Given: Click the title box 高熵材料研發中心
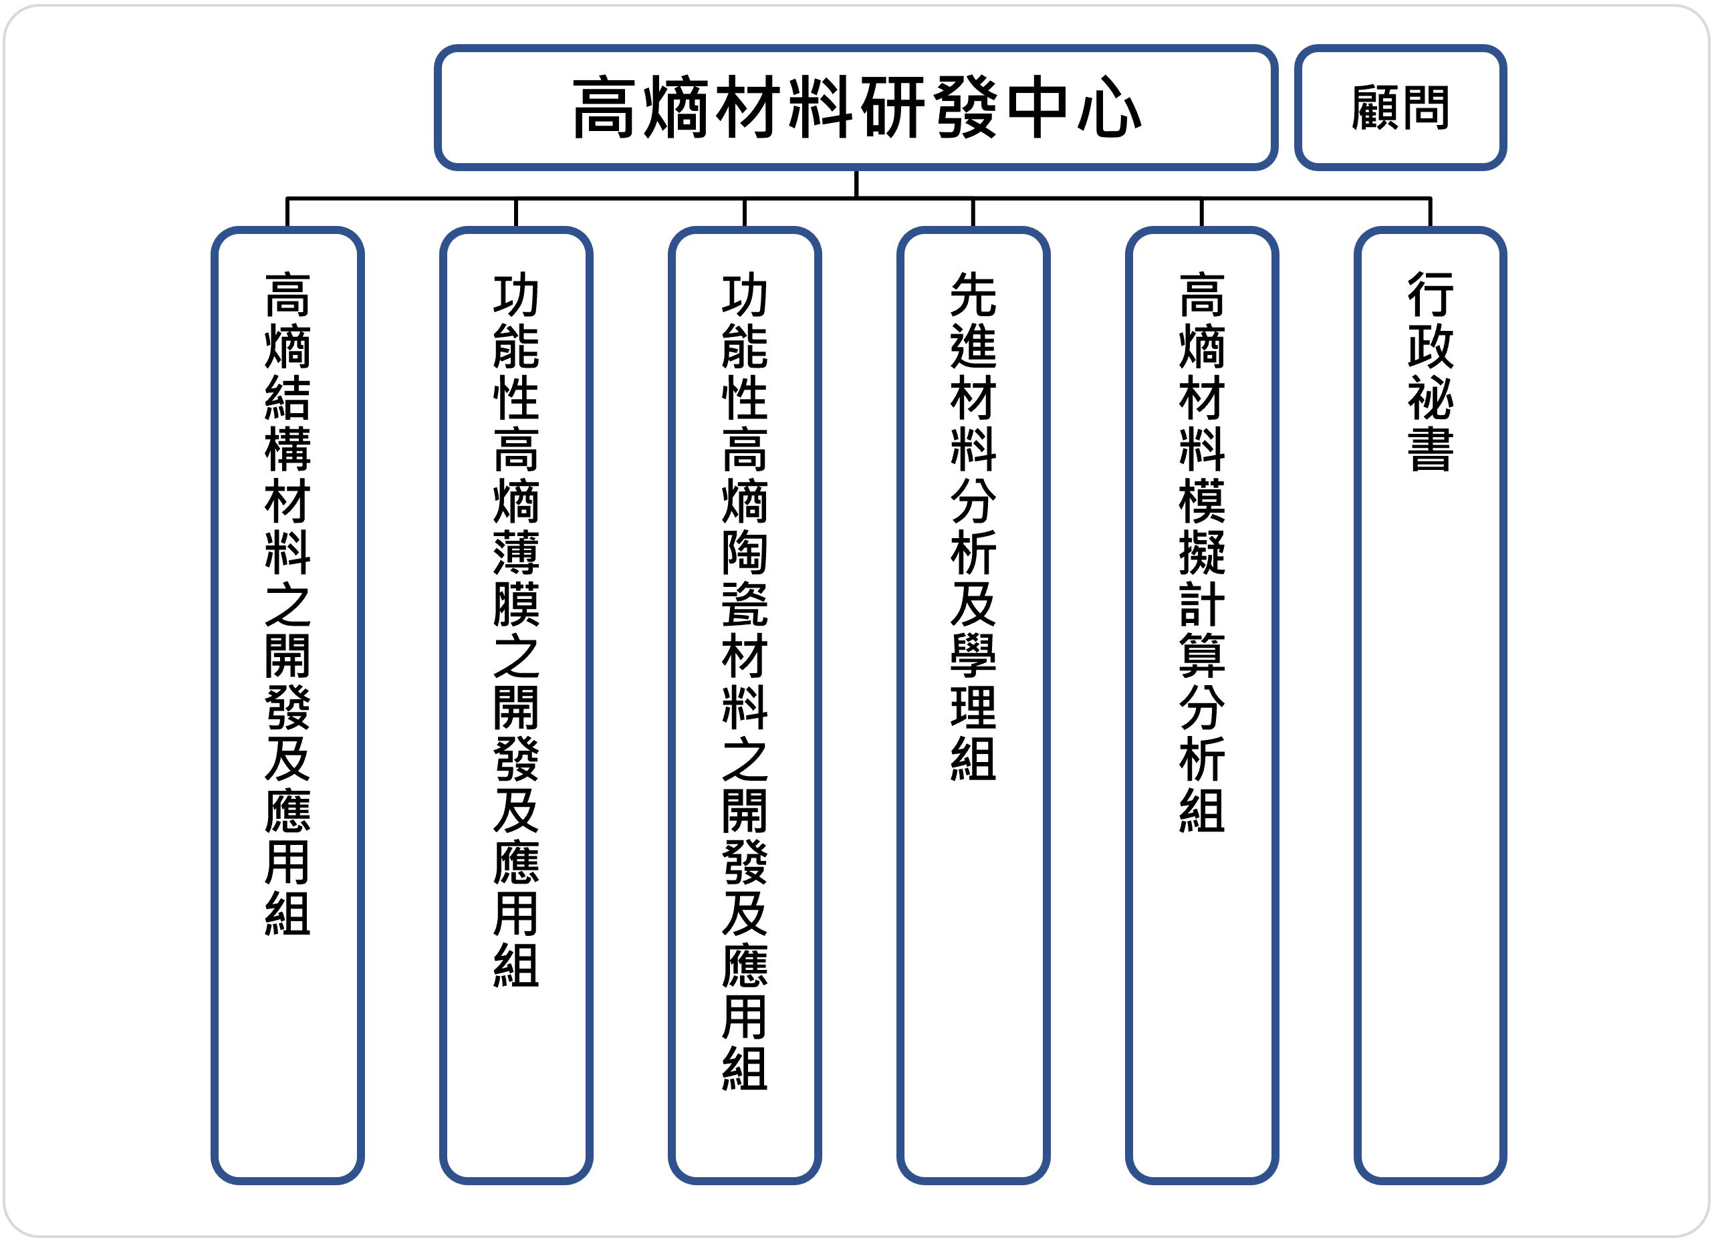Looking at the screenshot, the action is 856,108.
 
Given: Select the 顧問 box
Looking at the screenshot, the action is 1400,108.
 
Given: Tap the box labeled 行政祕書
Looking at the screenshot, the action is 1430,705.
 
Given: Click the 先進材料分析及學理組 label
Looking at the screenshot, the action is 973,526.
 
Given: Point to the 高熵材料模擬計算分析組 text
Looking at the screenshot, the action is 1202,551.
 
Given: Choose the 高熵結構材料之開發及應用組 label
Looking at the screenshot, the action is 287,604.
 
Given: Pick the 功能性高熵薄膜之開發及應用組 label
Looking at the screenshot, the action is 516,630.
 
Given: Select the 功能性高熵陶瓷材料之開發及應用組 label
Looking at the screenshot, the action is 745,680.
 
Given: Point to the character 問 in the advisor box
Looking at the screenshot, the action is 1425,108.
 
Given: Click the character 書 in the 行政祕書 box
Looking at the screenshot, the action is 1430,450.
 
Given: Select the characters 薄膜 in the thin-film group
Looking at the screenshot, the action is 516,578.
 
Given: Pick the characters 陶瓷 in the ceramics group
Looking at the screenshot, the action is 745,578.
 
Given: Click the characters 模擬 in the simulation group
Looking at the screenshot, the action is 1202,527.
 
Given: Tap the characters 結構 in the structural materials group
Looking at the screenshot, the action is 287,423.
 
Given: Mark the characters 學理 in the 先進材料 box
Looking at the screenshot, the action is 973,680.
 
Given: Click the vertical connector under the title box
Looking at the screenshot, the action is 856,184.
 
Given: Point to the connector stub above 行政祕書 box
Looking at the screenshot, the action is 1430,213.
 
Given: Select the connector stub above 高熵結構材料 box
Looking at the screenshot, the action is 287,213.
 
